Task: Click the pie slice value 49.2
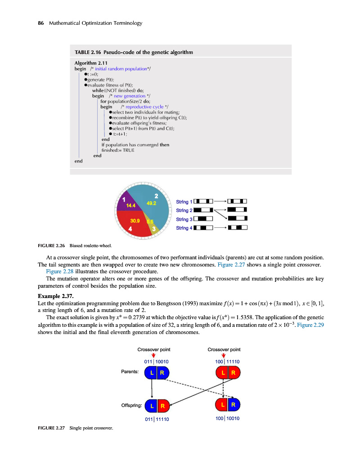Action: click(151, 203)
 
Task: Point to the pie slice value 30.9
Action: click(135, 221)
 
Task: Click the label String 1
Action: click(184, 201)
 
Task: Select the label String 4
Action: click(184, 228)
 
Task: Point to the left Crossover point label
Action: click(154, 349)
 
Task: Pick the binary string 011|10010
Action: click(156, 362)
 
